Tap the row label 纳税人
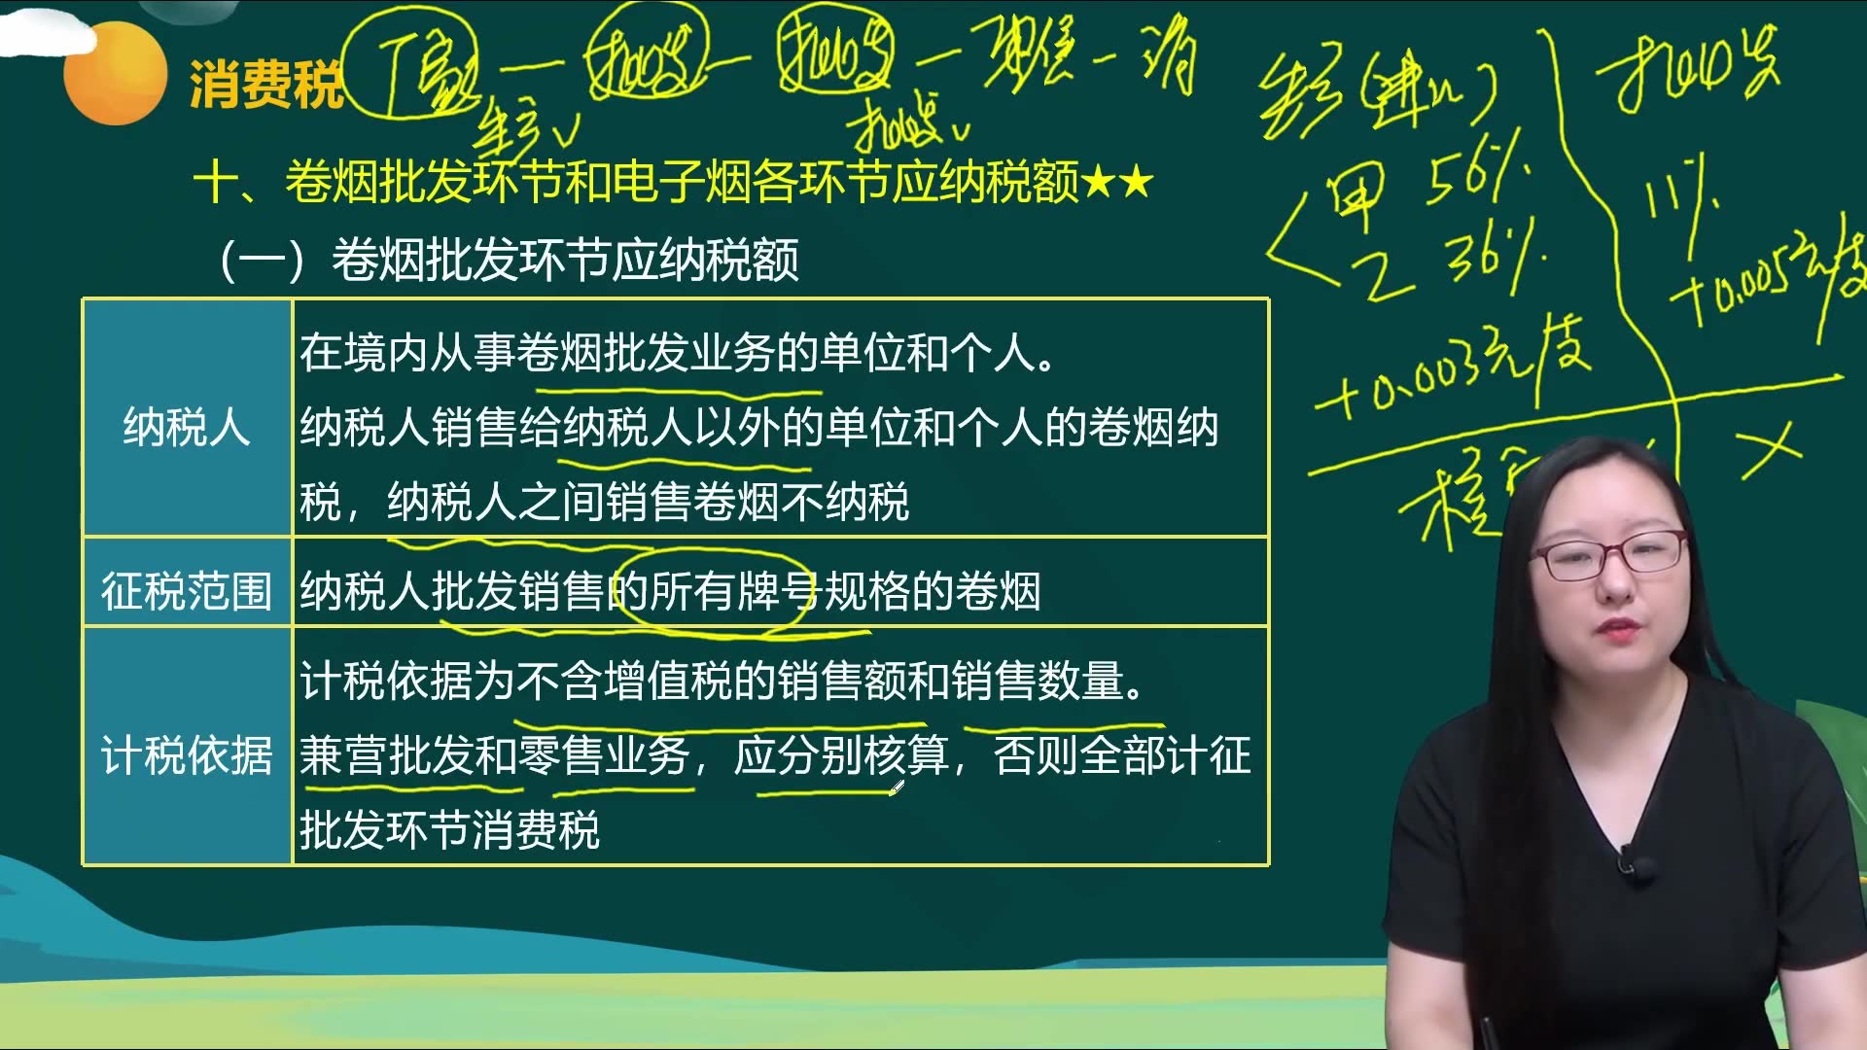point(187,428)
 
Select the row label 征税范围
point(187,591)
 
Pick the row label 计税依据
point(187,755)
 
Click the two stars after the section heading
point(1117,182)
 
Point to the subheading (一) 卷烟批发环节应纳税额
point(510,260)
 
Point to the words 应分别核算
point(841,755)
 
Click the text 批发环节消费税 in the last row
point(450,830)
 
